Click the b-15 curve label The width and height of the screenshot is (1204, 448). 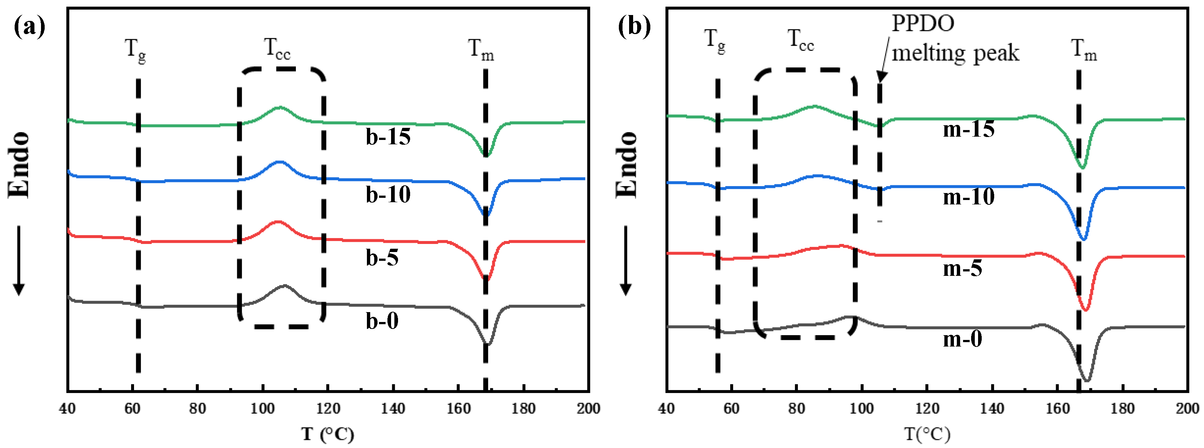(388, 137)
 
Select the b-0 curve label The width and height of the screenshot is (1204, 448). (382, 321)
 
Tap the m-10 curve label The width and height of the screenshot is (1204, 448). (969, 196)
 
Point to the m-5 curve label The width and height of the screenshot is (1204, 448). (962, 269)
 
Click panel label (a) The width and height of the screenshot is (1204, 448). (29, 27)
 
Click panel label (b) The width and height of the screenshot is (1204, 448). (634, 27)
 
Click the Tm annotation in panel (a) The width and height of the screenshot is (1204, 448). (481, 49)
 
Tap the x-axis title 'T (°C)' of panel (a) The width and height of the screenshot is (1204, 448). (327, 434)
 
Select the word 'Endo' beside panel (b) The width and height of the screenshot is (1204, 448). (626, 164)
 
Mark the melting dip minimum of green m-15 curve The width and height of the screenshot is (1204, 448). (1082, 167)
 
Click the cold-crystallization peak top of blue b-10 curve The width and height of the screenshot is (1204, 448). (280, 162)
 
